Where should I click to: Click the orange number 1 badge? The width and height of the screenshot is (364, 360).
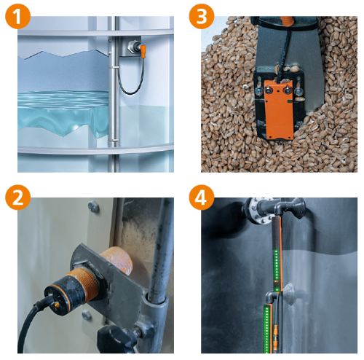pyautogui.click(x=17, y=16)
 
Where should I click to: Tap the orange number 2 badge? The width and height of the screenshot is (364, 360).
pyautogui.click(x=17, y=197)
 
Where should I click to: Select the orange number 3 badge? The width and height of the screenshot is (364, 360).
pyautogui.click(x=202, y=16)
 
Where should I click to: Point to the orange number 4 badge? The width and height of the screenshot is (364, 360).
pyautogui.click(x=202, y=197)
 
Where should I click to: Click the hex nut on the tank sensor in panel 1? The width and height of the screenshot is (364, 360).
pyautogui.click(x=133, y=45)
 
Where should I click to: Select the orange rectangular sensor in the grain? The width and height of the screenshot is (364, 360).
pyautogui.click(x=278, y=110)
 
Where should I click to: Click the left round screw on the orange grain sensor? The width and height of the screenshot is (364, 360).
pyautogui.click(x=269, y=90)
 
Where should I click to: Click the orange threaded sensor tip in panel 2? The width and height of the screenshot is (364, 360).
pyautogui.click(x=117, y=261)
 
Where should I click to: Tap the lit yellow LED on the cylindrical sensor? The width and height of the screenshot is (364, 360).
pyautogui.click(x=58, y=304)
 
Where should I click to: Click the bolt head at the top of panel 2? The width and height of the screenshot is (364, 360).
pyautogui.click(x=94, y=206)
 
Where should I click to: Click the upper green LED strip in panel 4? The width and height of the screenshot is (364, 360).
pyautogui.click(x=276, y=270)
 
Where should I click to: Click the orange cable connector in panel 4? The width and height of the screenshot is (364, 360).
pyautogui.click(x=275, y=332)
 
